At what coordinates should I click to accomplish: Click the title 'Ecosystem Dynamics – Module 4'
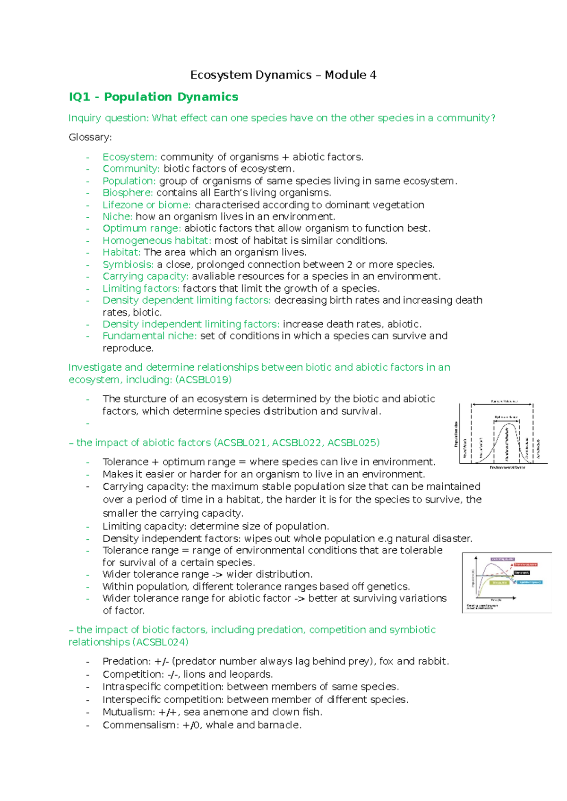(283, 75)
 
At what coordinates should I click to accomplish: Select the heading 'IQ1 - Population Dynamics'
(154, 97)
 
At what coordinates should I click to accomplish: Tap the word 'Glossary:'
(90, 137)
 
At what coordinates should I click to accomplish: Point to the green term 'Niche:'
(117, 217)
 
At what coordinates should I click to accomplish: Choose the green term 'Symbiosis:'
(128, 264)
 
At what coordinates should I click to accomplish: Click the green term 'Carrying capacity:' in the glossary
(146, 276)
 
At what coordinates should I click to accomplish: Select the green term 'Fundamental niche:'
(150, 336)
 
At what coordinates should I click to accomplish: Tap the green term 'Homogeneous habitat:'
(157, 240)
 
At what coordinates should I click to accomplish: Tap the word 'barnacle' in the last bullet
(282, 725)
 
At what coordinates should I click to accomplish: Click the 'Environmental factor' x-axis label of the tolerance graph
(507, 468)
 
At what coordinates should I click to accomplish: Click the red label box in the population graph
(525, 564)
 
